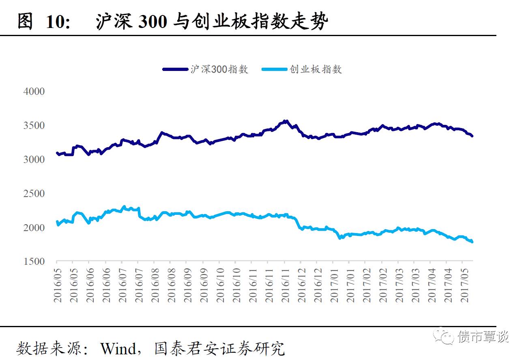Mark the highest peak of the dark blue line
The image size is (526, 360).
286,121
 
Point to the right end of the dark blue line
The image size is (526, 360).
472,136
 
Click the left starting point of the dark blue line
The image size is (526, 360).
57,153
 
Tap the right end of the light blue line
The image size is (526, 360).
472,242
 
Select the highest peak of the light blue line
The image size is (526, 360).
124,207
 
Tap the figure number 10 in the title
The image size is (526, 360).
56,22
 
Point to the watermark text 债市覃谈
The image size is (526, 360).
483,336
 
